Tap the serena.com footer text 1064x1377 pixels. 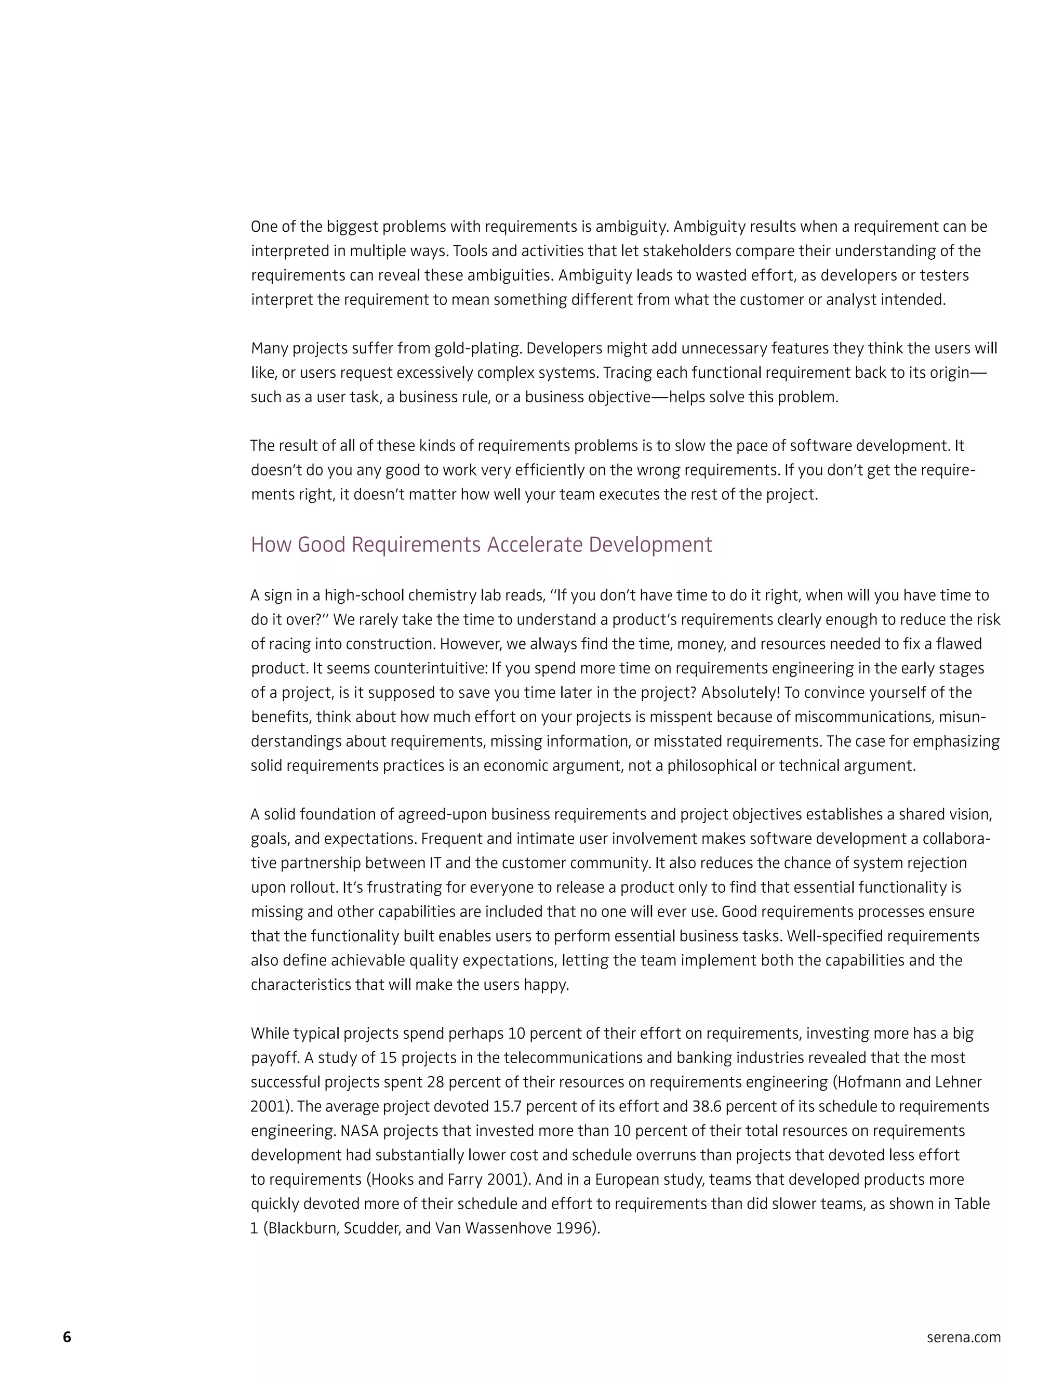pos(963,1338)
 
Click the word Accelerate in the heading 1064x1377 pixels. pos(535,545)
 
